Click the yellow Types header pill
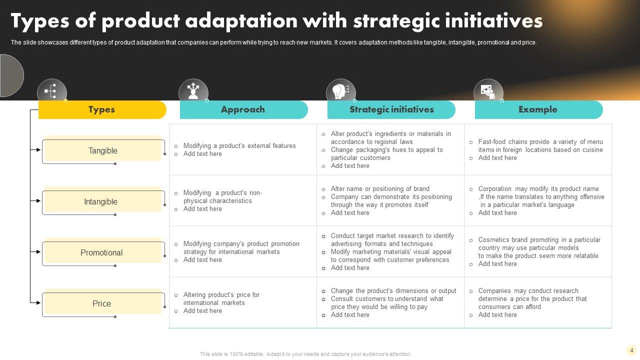[x=102, y=109]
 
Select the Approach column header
[x=243, y=109]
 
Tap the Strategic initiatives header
[x=391, y=109]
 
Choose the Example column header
[x=539, y=109]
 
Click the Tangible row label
[x=103, y=150]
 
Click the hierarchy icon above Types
[x=50, y=91]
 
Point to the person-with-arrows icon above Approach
[x=193, y=91]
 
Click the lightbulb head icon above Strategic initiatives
[x=340, y=91]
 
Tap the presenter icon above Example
[x=488, y=92]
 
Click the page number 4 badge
[x=631, y=350]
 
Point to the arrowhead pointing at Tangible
[x=38, y=149]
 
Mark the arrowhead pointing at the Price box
[x=38, y=302]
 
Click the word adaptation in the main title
[x=241, y=21]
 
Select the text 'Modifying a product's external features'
[x=239, y=145]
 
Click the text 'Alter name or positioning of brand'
[x=380, y=189]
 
